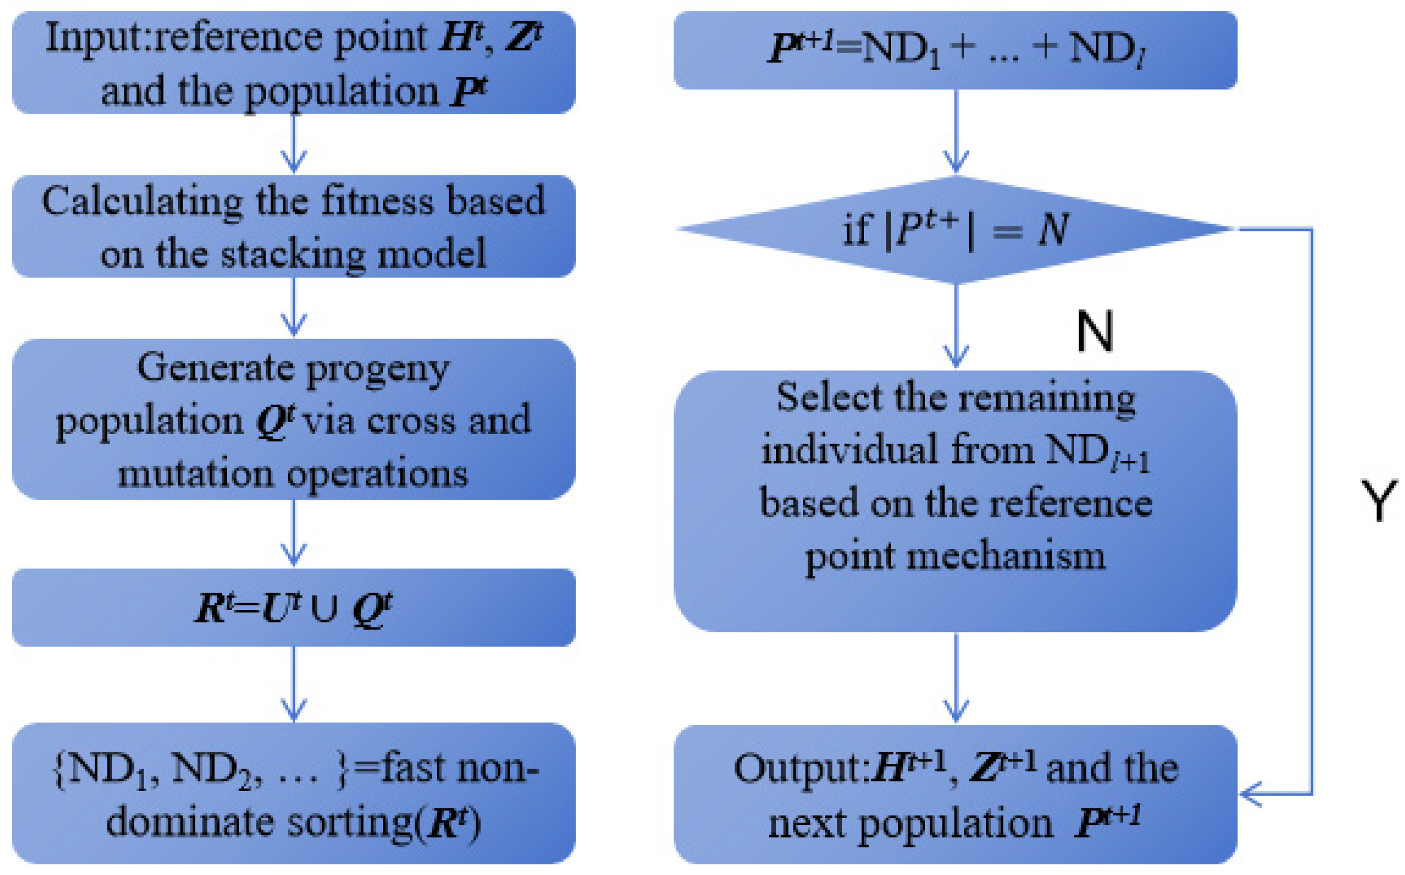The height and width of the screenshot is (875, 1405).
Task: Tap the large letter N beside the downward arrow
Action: click(x=1094, y=332)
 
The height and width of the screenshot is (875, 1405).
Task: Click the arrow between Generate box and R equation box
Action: click(x=293, y=532)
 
